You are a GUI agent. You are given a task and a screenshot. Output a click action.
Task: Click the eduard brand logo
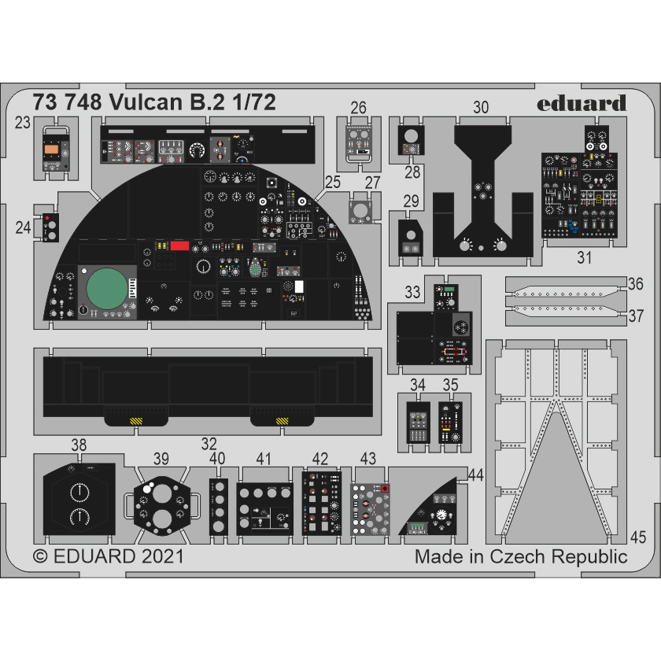583,103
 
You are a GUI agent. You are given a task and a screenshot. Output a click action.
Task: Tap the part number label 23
23,123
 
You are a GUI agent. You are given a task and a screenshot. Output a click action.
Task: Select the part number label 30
482,107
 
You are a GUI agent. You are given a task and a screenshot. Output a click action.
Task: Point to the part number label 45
638,538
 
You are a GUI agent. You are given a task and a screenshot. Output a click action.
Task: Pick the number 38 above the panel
78,446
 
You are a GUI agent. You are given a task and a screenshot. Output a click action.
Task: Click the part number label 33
412,293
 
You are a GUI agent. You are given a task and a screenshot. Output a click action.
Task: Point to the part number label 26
359,108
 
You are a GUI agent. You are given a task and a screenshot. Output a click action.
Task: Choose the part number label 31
584,257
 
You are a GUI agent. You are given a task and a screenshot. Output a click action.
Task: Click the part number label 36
636,283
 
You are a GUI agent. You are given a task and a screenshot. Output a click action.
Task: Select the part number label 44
475,475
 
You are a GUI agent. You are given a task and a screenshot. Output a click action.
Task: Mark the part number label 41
264,459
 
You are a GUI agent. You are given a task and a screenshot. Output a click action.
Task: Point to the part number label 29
411,201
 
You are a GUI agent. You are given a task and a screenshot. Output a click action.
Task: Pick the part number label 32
209,442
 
